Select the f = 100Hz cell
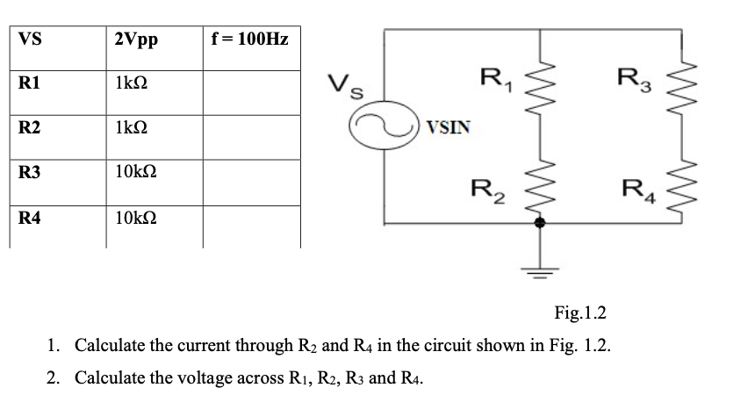coord(249,39)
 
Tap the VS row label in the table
coord(30,39)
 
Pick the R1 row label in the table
coord(29,85)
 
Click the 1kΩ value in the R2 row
coord(132,128)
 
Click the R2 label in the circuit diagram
coord(485,188)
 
